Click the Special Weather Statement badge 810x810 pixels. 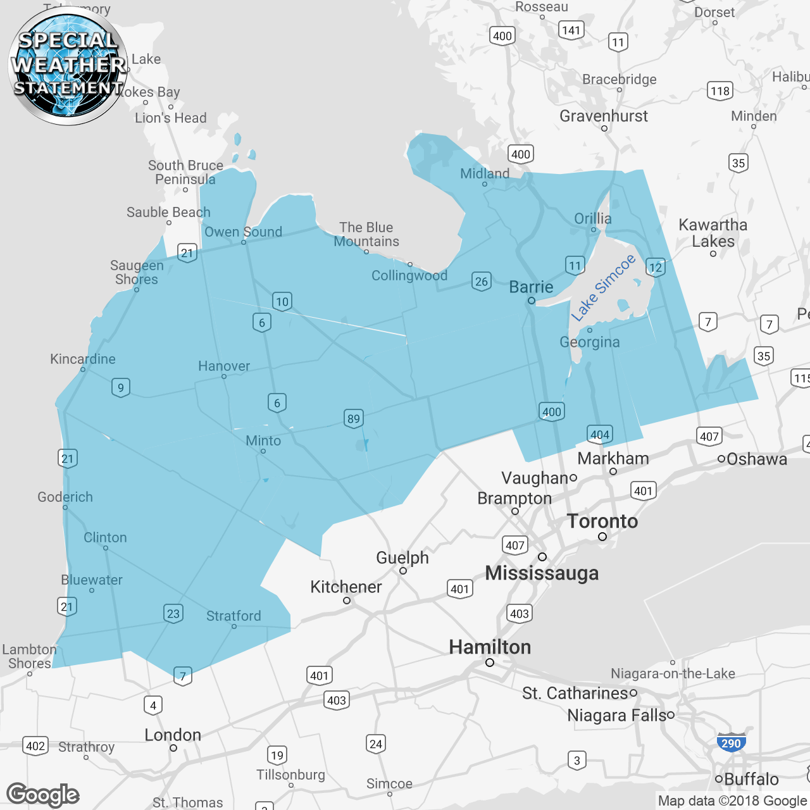(x=68, y=65)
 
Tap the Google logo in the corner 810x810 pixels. (x=43, y=795)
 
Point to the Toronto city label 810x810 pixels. (x=602, y=521)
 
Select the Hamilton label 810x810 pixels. (x=490, y=647)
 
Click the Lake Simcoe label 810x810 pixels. (x=602, y=288)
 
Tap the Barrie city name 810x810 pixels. (x=531, y=287)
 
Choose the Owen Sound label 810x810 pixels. (x=243, y=232)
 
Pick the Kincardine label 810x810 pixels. (x=83, y=359)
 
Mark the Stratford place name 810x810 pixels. (x=234, y=616)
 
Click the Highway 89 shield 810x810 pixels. (x=354, y=418)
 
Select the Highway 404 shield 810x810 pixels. (x=600, y=434)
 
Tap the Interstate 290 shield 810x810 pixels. (x=731, y=743)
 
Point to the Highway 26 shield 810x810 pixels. (x=482, y=281)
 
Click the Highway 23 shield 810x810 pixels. (x=173, y=613)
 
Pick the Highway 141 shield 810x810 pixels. (x=571, y=30)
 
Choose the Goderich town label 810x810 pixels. (x=65, y=497)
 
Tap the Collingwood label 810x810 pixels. (x=409, y=275)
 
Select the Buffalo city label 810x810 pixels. (x=751, y=779)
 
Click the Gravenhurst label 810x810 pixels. (x=604, y=116)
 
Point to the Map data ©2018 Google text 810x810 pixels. (x=733, y=801)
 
